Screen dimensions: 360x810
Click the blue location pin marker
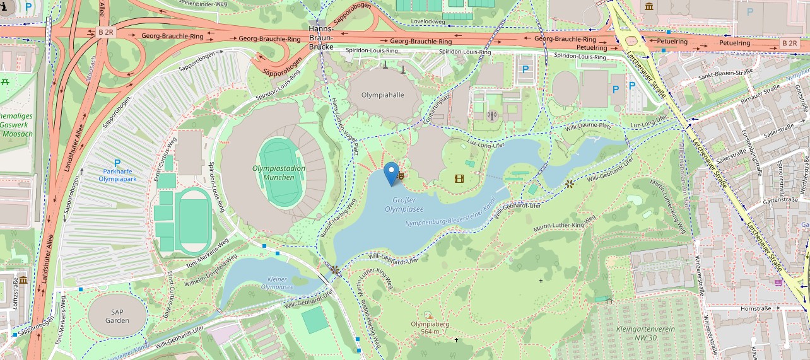[392, 173]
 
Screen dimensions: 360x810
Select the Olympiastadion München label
[278, 173]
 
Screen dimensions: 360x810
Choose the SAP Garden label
[117, 316]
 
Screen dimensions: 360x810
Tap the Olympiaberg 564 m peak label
[430, 328]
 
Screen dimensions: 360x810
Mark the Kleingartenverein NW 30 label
[645, 334]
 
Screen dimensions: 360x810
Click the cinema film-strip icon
[459, 178]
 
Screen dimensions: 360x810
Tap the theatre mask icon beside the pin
[401, 177]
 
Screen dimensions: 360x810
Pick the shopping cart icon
[778, 282]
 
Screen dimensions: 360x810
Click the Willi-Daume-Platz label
[588, 127]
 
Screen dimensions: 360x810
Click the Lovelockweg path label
[428, 21]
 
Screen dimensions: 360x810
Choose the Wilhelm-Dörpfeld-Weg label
[211, 268]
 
